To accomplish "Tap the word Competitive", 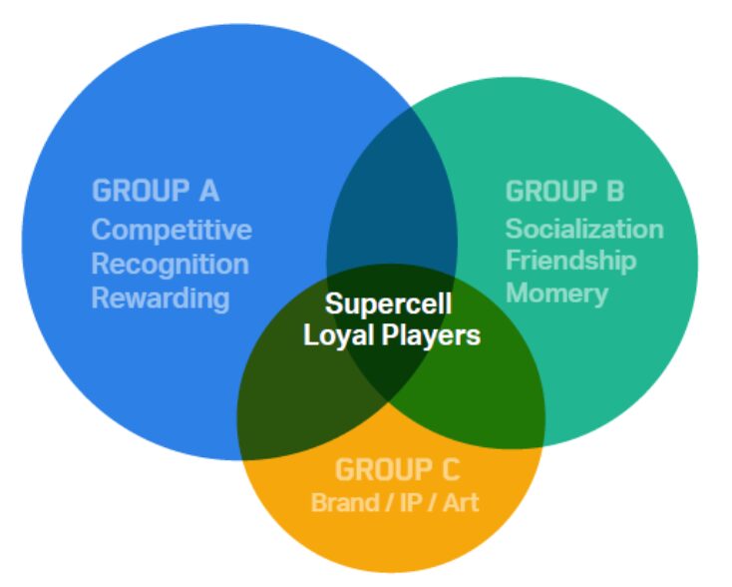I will point(172,230).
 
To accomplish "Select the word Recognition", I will point(170,264).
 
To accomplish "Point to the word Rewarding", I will point(161,297).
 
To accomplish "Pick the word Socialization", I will point(583,229).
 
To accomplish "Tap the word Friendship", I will point(570,261).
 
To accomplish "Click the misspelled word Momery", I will point(556,293).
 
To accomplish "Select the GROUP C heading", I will point(397,469).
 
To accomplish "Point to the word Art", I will point(460,501).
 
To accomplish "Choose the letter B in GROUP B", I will point(614,191).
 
